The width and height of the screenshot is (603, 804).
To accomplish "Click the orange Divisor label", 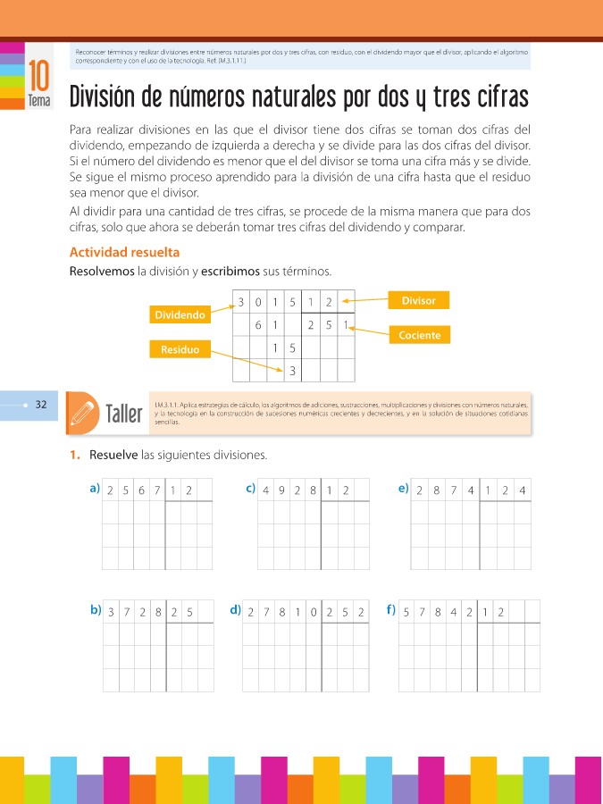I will (419, 301).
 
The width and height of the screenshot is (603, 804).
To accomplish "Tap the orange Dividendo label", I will (180, 315).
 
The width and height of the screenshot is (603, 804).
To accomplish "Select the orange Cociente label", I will (419, 335).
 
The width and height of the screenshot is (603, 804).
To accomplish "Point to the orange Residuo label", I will (180, 349).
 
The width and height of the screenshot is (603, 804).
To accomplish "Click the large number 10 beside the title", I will (38, 76).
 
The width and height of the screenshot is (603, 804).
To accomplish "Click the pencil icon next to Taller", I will (83, 412).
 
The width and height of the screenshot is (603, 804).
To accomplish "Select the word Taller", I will (124, 415).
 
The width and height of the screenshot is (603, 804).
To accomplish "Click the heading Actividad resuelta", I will (124, 253).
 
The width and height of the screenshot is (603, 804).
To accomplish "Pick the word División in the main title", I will (113, 96).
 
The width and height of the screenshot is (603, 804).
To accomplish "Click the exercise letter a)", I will (94, 488).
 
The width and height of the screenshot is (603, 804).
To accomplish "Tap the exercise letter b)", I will (95, 610).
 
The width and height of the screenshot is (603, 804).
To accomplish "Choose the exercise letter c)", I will (250, 488).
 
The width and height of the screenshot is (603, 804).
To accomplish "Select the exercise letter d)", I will (235, 610).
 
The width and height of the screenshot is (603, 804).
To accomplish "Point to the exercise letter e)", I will (404, 488).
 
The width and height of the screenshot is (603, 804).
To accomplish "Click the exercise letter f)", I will (390, 610).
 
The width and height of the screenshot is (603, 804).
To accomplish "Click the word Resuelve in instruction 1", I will (113, 456).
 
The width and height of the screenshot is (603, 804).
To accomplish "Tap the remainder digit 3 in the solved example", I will (293, 370).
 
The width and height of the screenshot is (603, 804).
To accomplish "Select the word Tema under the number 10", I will (38, 102).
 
